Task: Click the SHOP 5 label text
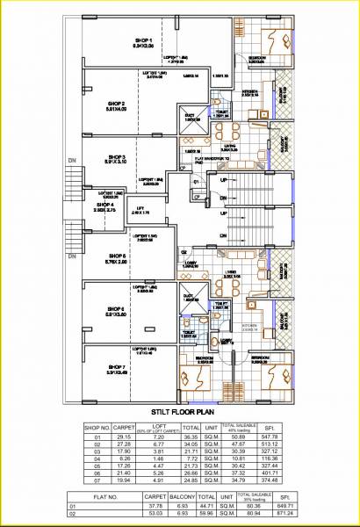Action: [x=117, y=256]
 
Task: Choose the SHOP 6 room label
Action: [x=116, y=308]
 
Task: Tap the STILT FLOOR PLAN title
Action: [x=178, y=408]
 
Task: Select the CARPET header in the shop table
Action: [x=124, y=428]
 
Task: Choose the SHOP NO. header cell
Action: [x=98, y=428]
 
